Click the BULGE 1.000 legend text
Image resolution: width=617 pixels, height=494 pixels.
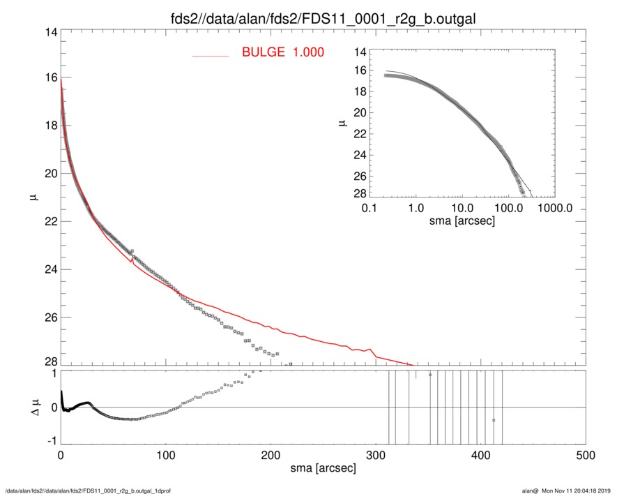point(282,52)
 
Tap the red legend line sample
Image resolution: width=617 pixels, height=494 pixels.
point(211,54)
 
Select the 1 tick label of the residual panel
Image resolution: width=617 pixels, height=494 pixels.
point(52,373)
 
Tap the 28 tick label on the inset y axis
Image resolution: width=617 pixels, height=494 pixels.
point(360,193)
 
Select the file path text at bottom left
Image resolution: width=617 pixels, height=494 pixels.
point(89,491)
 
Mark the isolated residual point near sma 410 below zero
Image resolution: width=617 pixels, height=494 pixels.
point(494,420)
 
